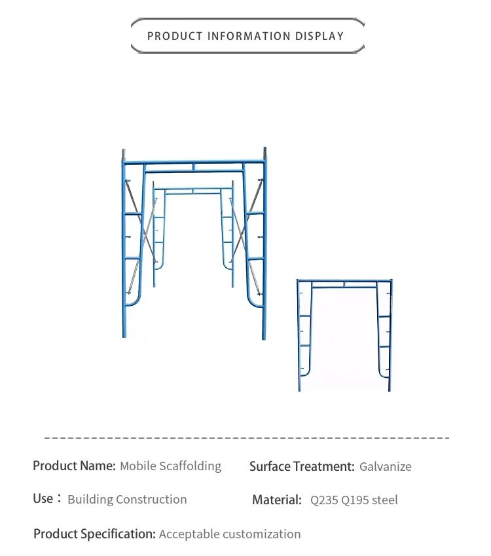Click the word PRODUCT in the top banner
[x=175, y=36]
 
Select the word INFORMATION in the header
[x=245, y=36]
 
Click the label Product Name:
[x=74, y=466]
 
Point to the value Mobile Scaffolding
[x=170, y=466]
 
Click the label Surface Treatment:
[x=302, y=467]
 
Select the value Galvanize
[x=386, y=467]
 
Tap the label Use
[x=43, y=499]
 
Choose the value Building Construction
[x=127, y=500]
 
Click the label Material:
[x=277, y=500]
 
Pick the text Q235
[x=324, y=500]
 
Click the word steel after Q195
[x=385, y=500]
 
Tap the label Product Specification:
[x=94, y=534]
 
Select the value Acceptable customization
[x=230, y=534]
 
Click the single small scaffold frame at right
[x=344, y=334]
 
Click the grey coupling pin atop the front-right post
[x=265, y=153]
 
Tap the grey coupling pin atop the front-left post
[x=123, y=156]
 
